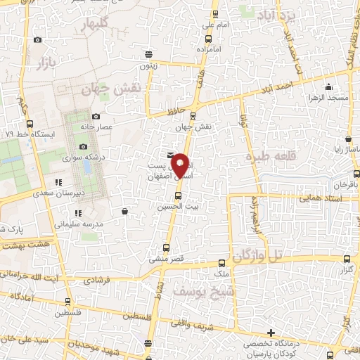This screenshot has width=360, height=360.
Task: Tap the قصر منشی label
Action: [x=167, y=258]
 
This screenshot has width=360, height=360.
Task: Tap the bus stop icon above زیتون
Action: [x=148, y=53]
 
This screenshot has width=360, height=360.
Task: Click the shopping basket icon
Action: [x=124, y=211]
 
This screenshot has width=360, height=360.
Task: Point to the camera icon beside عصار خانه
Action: [x=96, y=116]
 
